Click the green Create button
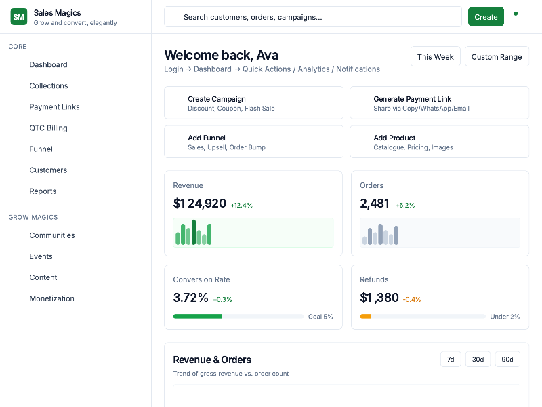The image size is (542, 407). coord(486,17)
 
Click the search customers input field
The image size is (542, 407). coord(313,17)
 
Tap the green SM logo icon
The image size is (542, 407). coord(19,17)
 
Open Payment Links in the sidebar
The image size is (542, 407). coord(54,106)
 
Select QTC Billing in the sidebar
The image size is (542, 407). coord(48,128)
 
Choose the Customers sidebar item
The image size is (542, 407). coord(48,170)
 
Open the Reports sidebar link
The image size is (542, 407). coord(43,191)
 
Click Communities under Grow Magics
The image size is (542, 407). coord(51,235)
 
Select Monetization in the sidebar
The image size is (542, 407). coord(51,298)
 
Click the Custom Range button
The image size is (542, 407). coord(497,57)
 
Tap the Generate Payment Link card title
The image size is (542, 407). coord(412,99)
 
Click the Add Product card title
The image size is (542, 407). coord(394,138)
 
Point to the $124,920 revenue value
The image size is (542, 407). coord(199,203)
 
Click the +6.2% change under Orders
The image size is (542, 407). coord(405,205)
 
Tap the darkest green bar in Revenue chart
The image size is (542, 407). coord(194,232)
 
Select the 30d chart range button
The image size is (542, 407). coord(478,359)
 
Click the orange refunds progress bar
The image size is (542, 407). coord(365,317)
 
